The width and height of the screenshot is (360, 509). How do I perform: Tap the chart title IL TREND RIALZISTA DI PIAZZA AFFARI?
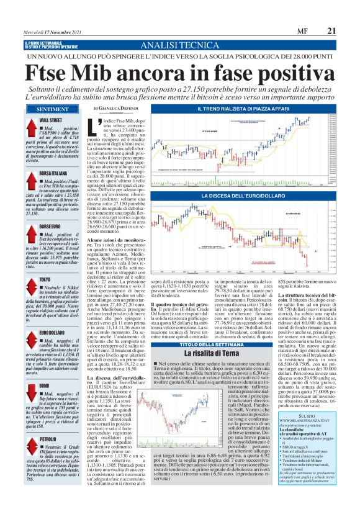tap(239, 109)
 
